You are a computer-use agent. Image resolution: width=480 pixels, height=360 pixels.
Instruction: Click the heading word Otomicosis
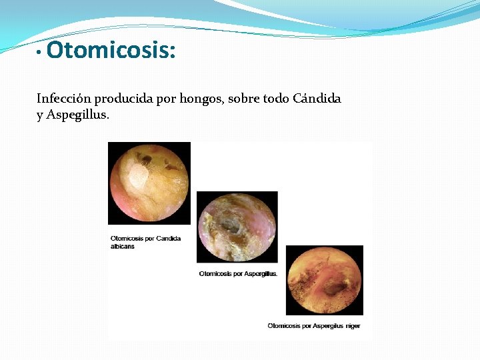tap(111, 50)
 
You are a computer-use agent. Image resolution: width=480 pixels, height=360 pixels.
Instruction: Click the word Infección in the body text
tap(64, 99)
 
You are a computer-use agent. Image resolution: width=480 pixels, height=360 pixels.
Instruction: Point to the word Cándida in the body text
tap(317, 99)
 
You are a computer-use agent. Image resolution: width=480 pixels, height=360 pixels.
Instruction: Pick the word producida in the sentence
tap(123, 99)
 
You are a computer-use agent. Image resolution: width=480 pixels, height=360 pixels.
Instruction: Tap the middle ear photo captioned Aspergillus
tap(237, 226)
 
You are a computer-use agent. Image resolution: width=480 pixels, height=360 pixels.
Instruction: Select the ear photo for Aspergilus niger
tap(325, 280)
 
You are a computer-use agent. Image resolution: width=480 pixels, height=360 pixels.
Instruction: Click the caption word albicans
tap(123, 246)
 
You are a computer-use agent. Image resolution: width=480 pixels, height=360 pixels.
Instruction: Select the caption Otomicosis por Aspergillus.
tap(239, 273)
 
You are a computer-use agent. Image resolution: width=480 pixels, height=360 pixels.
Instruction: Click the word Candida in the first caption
tap(167, 238)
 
